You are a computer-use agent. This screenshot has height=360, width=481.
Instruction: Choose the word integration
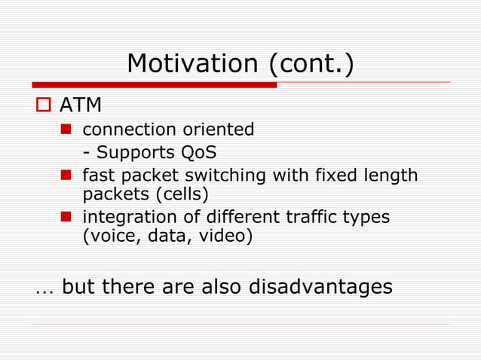[121, 217]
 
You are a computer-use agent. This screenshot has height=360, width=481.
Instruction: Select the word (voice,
[105, 236]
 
